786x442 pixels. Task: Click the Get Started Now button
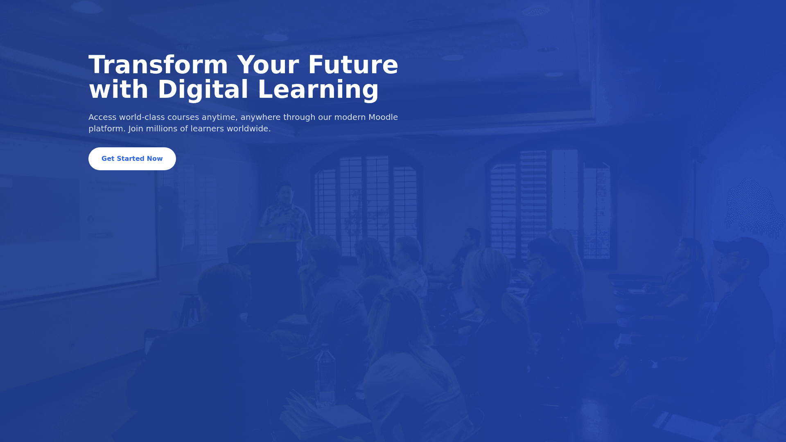coord(132,159)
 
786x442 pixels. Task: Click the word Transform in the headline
coord(158,65)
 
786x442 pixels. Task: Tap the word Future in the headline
coord(353,65)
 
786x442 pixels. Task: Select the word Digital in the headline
coord(203,90)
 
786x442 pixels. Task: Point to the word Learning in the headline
coord(318,90)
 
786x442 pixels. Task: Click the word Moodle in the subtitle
coord(383,117)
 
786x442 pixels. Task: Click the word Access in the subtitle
coord(102,117)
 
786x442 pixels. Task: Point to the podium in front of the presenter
coord(270,282)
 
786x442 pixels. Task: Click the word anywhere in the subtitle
coord(260,117)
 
